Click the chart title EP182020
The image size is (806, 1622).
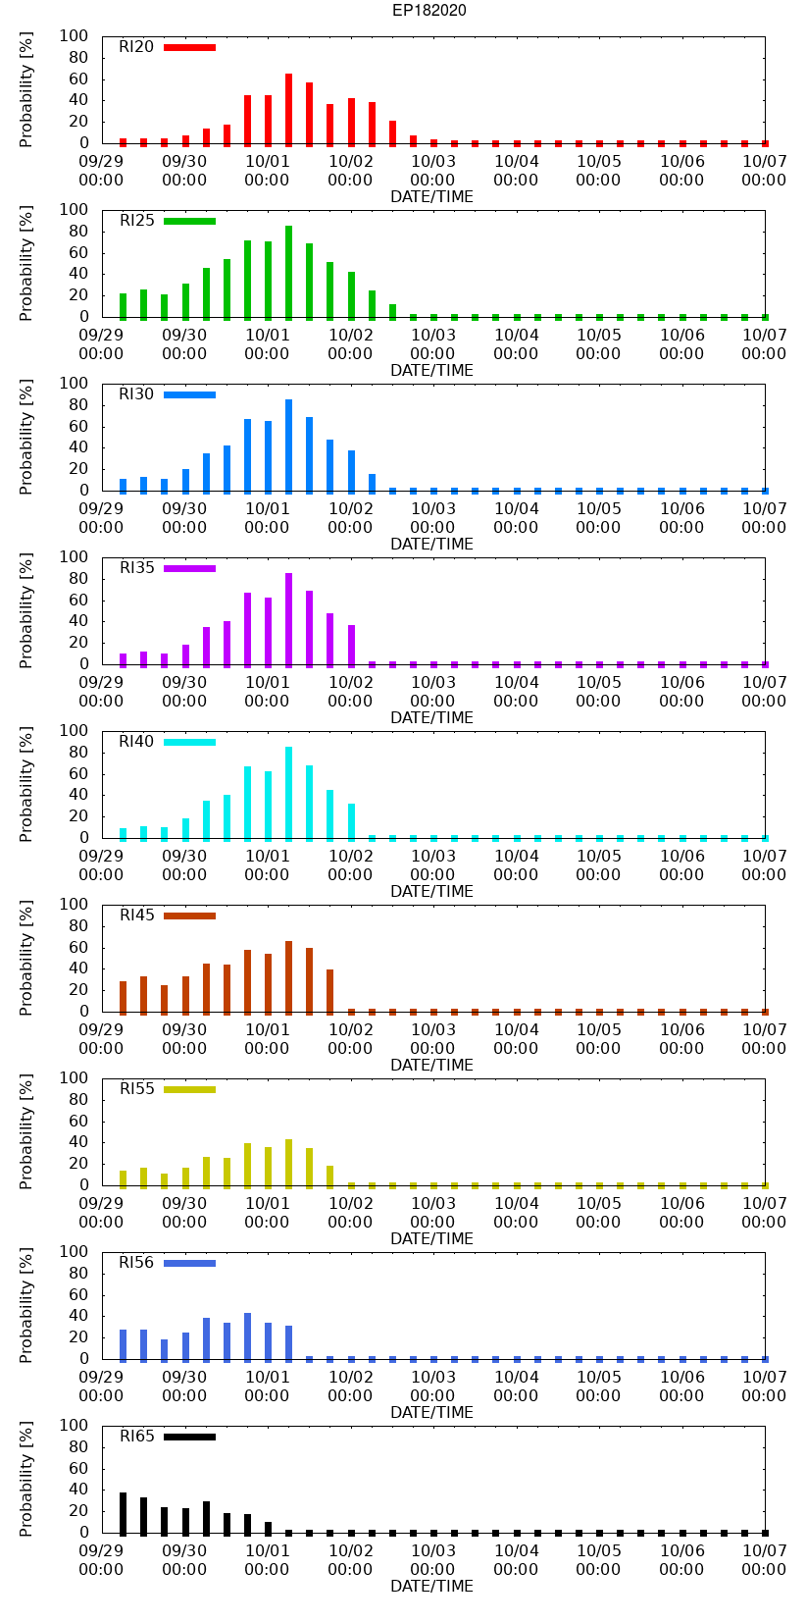pyautogui.click(x=428, y=11)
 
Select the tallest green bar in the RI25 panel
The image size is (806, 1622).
pyautogui.click(x=288, y=272)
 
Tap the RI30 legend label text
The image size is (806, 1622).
pyautogui.click(x=136, y=394)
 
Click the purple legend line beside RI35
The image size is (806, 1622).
pyautogui.click(x=189, y=568)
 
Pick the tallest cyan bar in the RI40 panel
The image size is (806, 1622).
pyautogui.click(x=288, y=793)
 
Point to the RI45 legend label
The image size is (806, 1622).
pyautogui.click(x=136, y=916)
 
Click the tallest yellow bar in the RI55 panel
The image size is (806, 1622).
pyautogui.click(x=288, y=1163)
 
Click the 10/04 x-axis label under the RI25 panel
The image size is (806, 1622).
pyautogui.click(x=516, y=344)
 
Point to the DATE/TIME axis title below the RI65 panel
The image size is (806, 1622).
pyautogui.click(x=431, y=1587)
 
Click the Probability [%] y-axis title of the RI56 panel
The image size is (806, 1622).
pyautogui.click(x=26, y=1305)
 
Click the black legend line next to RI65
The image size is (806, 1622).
pyautogui.click(x=189, y=1437)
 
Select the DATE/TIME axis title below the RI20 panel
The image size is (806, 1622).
pyautogui.click(x=431, y=197)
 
